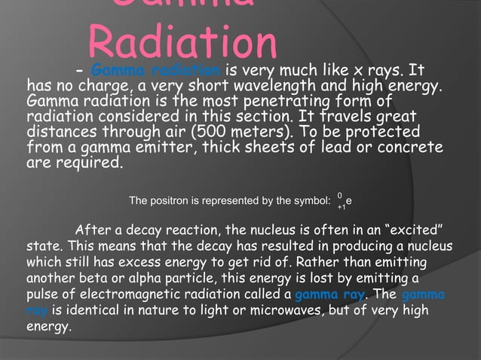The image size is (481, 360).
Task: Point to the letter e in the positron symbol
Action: (348, 201)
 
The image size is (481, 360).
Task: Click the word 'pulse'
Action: (41, 294)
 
